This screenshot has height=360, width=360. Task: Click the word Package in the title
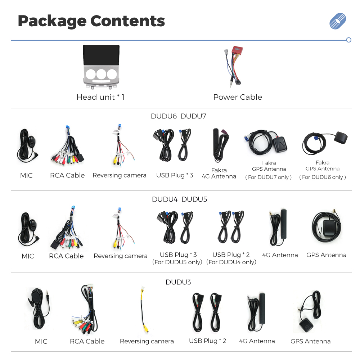[x=52, y=22]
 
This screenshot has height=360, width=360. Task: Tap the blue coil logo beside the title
[x=338, y=21]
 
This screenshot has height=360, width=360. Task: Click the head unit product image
[x=101, y=67]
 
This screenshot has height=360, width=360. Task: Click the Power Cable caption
[x=238, y=97]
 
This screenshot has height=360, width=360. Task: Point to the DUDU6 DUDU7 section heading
[x=179, y=116]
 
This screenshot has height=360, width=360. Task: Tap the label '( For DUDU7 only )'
[x=269, y=177]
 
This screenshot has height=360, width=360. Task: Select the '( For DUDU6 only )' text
[x=322, y=177]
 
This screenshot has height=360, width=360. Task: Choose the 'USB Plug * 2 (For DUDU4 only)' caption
[x=231, y=258]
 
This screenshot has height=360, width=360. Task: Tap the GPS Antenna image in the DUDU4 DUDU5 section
[x=326, y=226]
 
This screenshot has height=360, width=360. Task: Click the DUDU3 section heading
[x=178, y=282]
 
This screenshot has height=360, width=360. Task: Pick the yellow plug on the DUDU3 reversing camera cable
[x=146, y=329]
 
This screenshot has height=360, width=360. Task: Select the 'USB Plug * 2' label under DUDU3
[x=208, y=341]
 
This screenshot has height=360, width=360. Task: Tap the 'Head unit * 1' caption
[x=100, y=97]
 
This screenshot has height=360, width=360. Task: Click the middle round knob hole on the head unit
[x=101, y=74]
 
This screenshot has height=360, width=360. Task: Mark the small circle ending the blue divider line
[x=348, y=40]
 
